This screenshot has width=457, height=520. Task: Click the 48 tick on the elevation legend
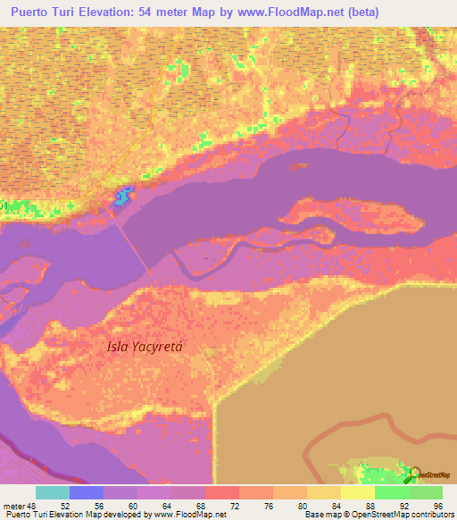(x=34, y=507)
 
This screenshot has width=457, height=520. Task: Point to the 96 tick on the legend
(x=437, y=507)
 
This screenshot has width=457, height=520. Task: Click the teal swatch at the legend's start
(x=53, y=492)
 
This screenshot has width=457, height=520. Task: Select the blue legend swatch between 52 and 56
(x=87, y=492)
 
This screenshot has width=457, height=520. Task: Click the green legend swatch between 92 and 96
(x=425, y=492)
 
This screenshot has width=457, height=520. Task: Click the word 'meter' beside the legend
(x=13, y=507)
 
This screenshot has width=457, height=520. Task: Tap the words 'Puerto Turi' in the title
(x=44, y=13)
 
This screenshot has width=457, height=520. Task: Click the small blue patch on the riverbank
(x=122, y=192)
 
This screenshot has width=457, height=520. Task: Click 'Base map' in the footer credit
(x=322, y=515)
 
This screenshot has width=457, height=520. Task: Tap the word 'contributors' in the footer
(x=428, y=515)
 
